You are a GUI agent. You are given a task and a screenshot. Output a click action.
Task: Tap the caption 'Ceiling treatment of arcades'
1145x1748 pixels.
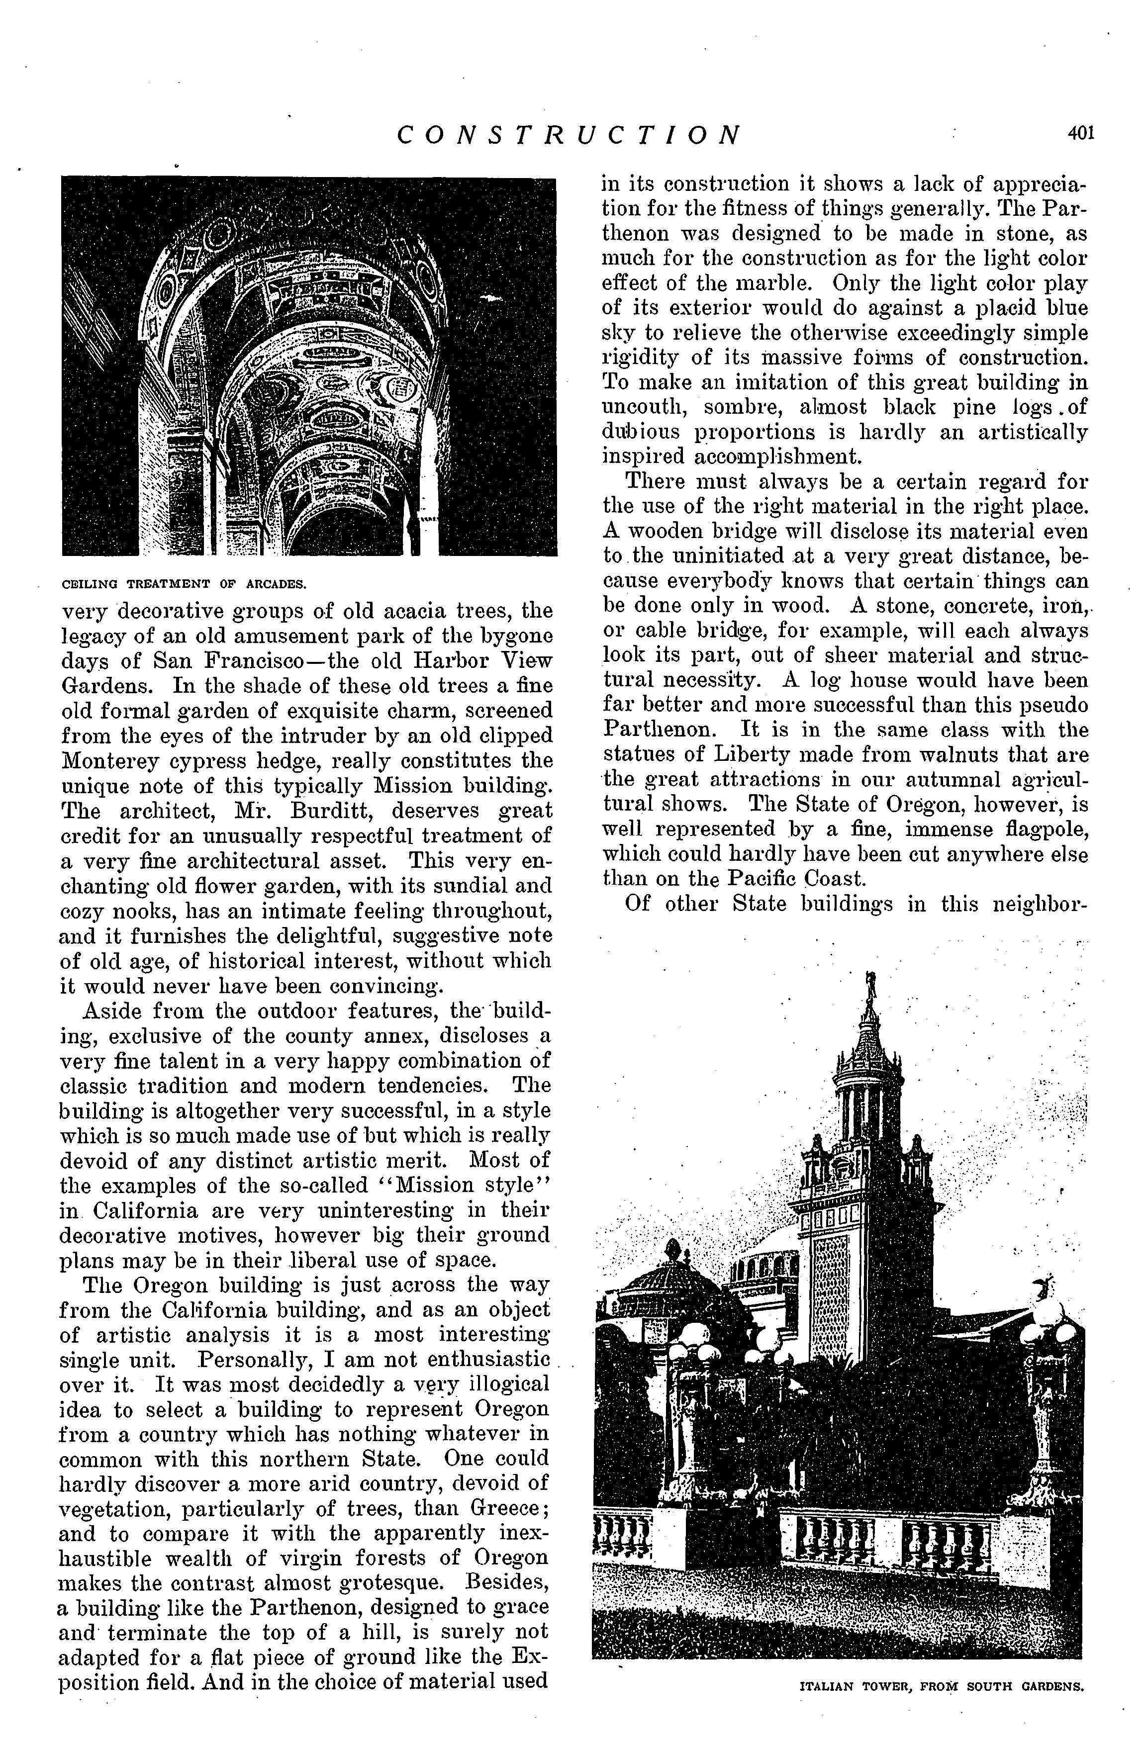184,585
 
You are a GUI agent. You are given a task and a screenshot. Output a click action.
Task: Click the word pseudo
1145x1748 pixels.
1051,705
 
